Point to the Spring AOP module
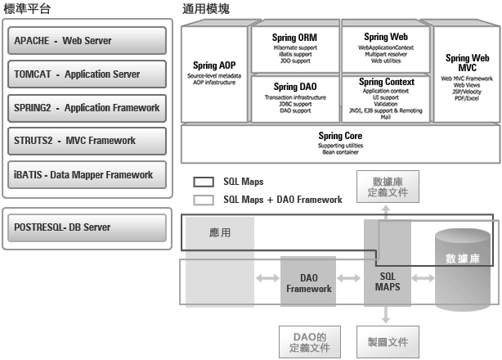point(215,73)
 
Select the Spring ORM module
point(295,50)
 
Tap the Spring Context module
point(387,98)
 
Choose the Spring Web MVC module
point(467,73)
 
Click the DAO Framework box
point(308,283)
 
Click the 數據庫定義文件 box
point(387,187)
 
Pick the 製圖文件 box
point(388,340)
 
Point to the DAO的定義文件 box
point(308,340)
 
